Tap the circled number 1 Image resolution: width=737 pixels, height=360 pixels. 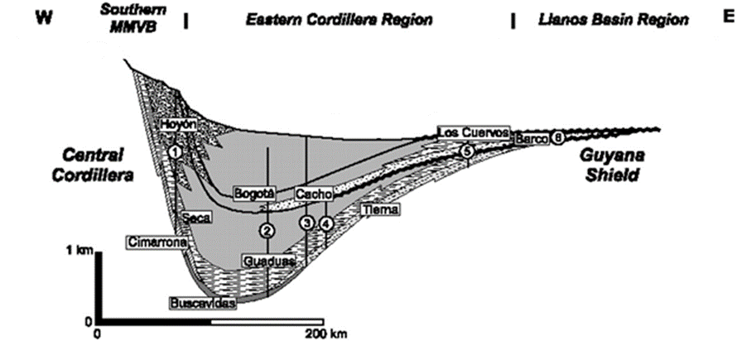pos(176,152)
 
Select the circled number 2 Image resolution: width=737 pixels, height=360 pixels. pos(267,232)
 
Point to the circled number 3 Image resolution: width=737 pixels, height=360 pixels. pos(308,223)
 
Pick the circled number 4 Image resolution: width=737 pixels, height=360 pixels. pos(326,223)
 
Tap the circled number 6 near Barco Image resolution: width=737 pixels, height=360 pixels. pos(558,139)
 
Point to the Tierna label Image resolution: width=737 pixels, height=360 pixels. pos(381,211)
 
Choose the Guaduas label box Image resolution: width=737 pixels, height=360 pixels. pos(268,262)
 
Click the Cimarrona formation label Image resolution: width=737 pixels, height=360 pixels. pos(156,242)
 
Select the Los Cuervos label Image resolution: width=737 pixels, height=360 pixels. pos(474,132)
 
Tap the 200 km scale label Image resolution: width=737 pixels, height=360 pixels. pos(320,334)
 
